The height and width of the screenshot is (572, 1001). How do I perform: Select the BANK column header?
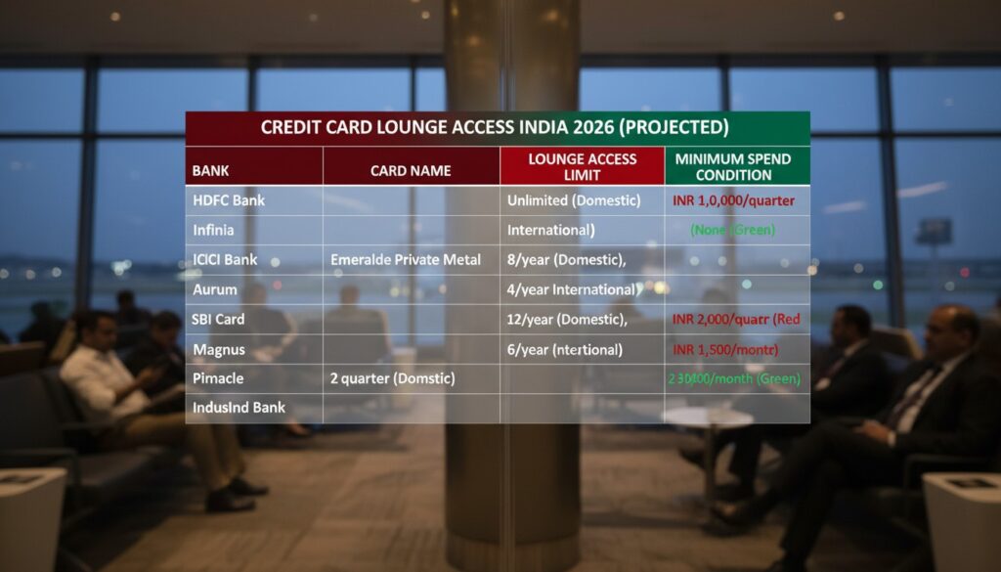[211, 170]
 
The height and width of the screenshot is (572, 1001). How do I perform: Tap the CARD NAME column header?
[411, 170]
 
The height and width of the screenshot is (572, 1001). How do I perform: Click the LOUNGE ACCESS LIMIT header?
[582, 166]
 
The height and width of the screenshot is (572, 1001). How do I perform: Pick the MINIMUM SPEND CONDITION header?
[736, 166]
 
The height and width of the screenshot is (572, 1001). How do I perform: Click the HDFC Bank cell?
[229, 200]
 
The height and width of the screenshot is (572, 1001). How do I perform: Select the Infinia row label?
[214, 231]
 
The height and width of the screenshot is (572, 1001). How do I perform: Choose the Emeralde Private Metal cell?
[406, 260]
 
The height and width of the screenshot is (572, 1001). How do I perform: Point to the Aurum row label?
[215, 289]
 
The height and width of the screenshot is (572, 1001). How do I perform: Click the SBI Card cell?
[218, 320]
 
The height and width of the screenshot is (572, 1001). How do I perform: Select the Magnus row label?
[219, 349]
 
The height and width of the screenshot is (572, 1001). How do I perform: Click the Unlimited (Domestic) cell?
[574, 200]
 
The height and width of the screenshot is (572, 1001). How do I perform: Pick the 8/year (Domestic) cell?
[566, 260]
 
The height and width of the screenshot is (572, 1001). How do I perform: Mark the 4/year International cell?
[571, 289]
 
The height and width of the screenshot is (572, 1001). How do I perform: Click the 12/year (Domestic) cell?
[572, 320]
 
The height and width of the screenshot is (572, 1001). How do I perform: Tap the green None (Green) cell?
[732, 231]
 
